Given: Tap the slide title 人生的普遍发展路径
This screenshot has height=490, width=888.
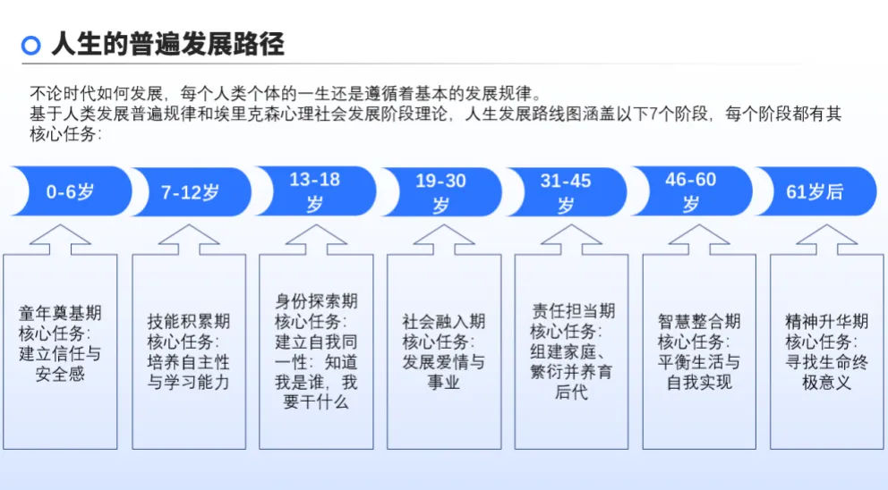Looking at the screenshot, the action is pos(167,44).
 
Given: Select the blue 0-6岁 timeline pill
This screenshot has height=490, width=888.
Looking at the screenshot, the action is pos(70,191).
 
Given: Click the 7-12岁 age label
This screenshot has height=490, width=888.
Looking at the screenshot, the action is pos(190,192).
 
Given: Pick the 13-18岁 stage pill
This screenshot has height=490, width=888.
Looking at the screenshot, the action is pos(315,191).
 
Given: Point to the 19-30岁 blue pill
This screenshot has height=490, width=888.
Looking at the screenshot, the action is pos(440,192).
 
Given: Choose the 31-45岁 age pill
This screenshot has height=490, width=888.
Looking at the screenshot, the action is pos(565,192).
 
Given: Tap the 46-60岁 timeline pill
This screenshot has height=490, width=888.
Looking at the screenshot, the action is pos(691,191).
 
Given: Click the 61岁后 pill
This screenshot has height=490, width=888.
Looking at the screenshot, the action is pos(815,191).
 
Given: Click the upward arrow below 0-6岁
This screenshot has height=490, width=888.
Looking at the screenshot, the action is pos(60,240).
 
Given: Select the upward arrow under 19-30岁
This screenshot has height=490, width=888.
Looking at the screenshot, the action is pos(444,240).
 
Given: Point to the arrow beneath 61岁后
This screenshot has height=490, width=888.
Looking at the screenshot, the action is pos(827,240).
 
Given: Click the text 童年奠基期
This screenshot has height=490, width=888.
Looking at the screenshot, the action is pos(60,313).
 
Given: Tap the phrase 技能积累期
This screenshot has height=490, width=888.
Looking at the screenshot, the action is pos(189,321).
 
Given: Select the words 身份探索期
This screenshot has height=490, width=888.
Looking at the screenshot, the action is pos(316,301).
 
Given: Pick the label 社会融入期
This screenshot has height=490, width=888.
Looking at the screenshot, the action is pos(444,321).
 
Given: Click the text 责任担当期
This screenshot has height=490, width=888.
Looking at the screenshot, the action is pos(573,310).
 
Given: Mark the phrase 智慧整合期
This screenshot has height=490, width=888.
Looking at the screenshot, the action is pos(699,321).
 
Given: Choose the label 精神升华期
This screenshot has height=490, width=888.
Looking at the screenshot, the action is pos(827,321).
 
